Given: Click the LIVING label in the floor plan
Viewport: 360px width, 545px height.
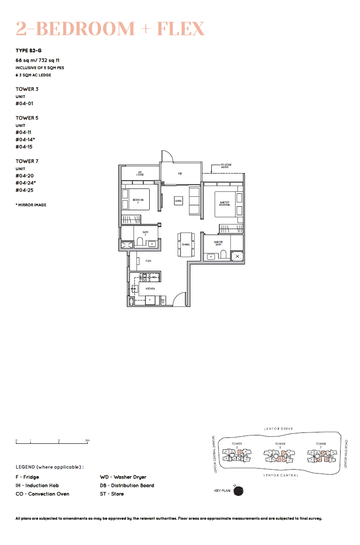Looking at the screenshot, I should pos(179,200).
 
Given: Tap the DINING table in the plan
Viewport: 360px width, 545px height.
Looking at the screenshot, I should pos(185,244).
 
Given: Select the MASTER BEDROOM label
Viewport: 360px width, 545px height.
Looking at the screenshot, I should pos(225,203).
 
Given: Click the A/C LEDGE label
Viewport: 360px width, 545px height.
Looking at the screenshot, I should pos(140,174).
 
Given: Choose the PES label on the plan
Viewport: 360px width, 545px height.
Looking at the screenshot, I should pos(180,174).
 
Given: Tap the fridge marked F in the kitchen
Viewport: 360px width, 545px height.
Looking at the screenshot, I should pos(150,301).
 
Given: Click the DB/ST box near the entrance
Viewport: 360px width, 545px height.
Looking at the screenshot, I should pos(163,301).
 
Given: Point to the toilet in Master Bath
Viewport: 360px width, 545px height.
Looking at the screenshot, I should pos(223,256).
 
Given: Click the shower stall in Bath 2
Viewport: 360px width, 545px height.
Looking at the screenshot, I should pos(127,244).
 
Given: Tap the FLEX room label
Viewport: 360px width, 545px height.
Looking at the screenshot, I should pos(148,260).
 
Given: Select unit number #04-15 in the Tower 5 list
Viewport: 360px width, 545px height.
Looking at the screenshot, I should pos(24,147).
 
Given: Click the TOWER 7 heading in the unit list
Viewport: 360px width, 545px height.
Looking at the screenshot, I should pos(27,161).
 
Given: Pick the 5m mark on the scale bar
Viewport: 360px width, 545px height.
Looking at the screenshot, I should pos(87,440).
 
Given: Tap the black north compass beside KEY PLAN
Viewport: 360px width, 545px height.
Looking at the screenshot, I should pos(239,491).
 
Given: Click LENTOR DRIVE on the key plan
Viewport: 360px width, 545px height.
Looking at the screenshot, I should pos(279,428).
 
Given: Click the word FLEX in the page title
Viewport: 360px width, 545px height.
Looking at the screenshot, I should pos(180,29).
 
